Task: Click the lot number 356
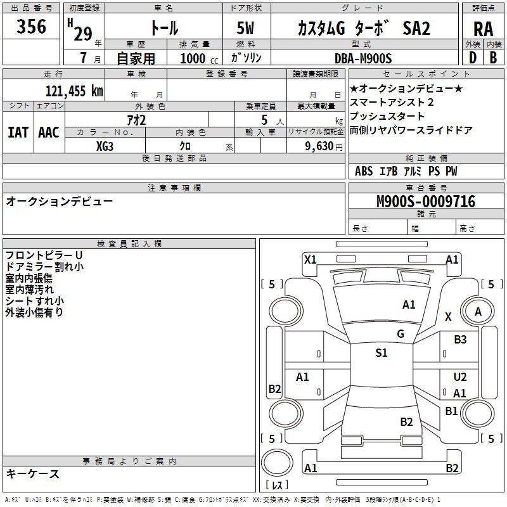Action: (x=32, y=27)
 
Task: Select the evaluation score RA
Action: (x=483, y=29)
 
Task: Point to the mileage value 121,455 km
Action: (x=74, y=91)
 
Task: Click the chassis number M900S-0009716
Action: (x=425, y=202)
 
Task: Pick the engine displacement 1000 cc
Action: (x=198, y=58)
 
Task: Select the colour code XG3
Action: (x=105, y=146)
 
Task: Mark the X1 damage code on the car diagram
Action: (x=310, y=259)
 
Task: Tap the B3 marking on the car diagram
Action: (x=460, y=340)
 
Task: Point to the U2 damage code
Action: (x=460, y=377)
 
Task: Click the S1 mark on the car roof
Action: (x=381, y=353)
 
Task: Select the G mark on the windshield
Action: (x=401, y=333)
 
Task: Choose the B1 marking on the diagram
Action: (x=451, y=411)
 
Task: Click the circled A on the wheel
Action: (x=478, y=311)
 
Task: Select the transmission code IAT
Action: (x=18, y=132)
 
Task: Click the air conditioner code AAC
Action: (x=49, y=132)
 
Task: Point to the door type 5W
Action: (x=247, y=29)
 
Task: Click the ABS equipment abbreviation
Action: (x=364, y=171)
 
